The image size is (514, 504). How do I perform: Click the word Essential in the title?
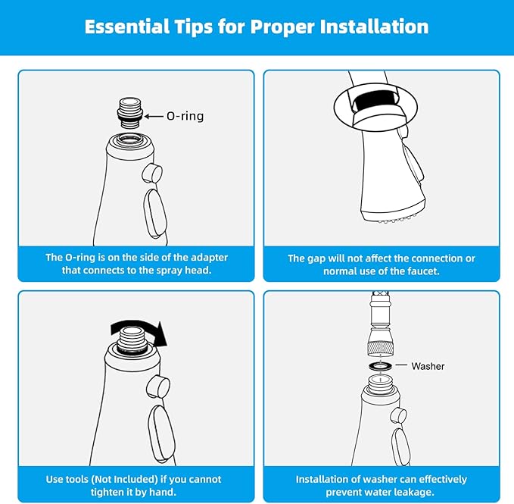coord(127,27)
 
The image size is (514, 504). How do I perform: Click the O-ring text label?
coord(185,116)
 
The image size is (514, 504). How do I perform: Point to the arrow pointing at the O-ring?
coord(154,116)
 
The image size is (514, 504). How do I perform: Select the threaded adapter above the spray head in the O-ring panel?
coord(130,113)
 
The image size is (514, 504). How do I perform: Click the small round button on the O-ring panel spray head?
coord(152,174)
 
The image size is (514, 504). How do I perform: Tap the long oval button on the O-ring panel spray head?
coord(155,213)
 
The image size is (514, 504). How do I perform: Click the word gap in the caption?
coord(316,258)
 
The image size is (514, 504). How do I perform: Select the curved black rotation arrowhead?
coord(160,334)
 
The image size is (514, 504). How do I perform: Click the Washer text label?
coord(428,366)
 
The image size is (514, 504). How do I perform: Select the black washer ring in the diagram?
coord(380,366)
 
